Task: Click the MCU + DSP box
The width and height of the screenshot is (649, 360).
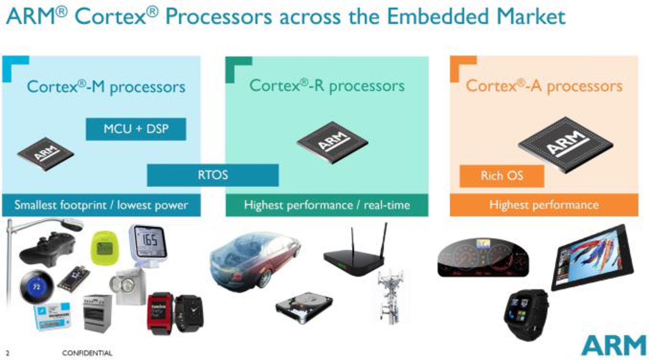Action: click(136, 129)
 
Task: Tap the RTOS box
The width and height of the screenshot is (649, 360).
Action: click(213, 175)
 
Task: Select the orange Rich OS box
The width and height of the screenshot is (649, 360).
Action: click(502, 176)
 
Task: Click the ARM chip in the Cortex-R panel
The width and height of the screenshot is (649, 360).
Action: click(332, 142)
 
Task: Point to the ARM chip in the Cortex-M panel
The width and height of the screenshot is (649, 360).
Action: click(46, 154)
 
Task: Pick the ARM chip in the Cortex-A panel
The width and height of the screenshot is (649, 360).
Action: click(566, 143)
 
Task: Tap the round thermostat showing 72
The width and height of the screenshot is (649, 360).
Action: click(37, 287)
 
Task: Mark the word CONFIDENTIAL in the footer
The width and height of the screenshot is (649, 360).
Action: click(87, 353)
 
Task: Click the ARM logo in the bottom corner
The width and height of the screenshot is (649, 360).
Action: click(614, 345)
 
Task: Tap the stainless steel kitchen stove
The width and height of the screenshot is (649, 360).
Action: click(97, 313)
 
